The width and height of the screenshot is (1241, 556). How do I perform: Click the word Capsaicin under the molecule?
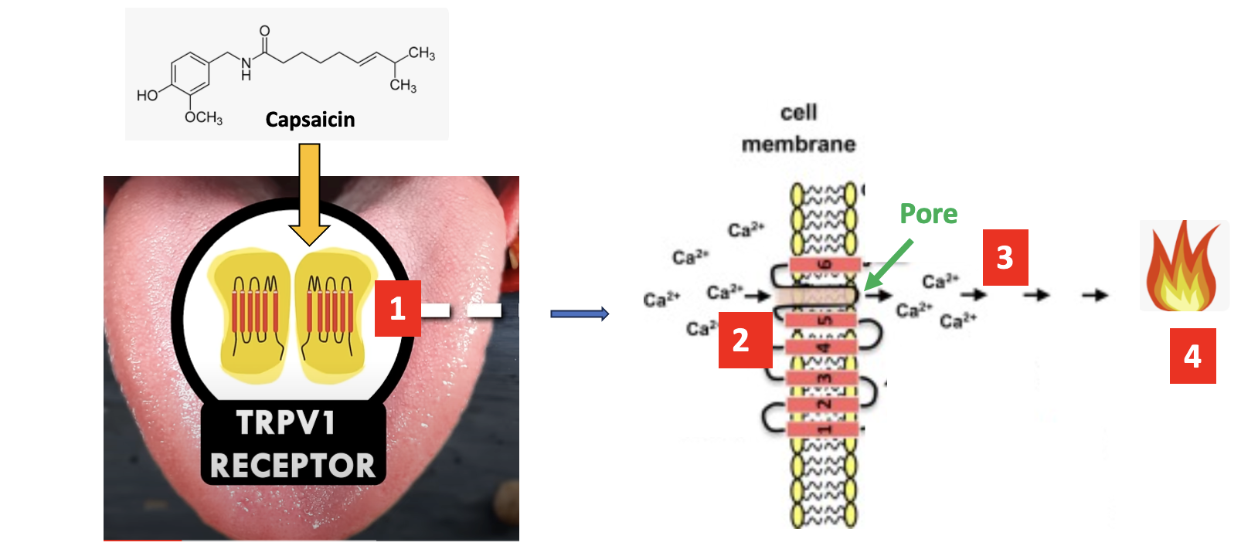coord(310,120)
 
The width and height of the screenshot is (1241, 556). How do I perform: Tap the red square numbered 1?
coord(397,308)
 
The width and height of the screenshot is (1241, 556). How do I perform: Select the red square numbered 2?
coord(741,340)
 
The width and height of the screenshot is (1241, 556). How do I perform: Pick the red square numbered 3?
coord(1005,257)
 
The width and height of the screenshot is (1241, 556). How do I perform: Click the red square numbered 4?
coord(1192,356)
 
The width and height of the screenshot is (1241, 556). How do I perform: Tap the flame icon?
coord(1183,266)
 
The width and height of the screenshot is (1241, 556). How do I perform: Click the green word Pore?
coord(928,213)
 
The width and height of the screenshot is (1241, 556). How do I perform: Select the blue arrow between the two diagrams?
coord(580,314)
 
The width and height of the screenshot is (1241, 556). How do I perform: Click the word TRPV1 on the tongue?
coord(286,423)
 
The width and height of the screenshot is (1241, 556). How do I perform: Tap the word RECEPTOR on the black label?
coord(292,466)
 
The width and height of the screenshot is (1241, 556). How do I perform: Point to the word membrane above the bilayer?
coord(798,144)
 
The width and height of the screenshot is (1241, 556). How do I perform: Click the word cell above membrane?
coord(798,113)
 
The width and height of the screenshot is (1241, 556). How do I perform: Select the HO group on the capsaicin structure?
coord(148,95)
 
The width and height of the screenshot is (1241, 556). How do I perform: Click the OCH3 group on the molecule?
coord(203,117)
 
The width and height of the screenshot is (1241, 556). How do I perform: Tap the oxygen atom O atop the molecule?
coord(264,31)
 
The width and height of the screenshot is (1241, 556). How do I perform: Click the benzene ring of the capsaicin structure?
coord(190,75)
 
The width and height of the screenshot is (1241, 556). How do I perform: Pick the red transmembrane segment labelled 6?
coord(824,265)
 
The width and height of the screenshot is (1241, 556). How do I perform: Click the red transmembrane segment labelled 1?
coord(824,428)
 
